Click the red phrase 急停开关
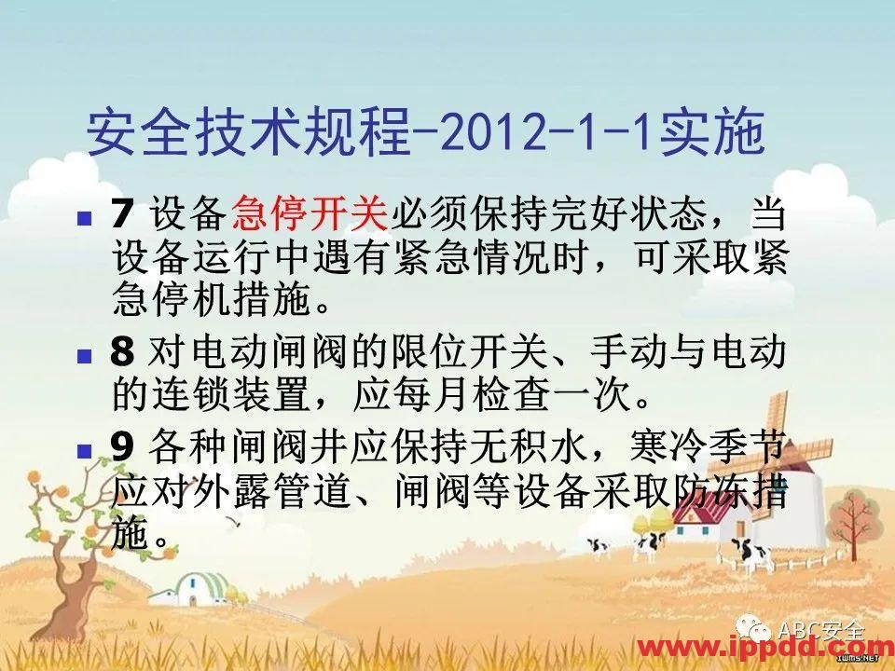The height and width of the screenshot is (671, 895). point(308,217)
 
